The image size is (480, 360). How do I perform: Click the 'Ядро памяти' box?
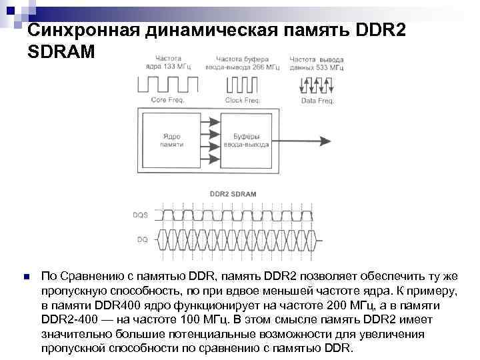click(x=171, y=141)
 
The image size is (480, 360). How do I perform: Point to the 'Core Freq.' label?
click(x=167, y=100)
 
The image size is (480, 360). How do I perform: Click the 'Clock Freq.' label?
click(x=243, y=100)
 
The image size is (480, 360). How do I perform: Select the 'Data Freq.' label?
click(x=317, y=101)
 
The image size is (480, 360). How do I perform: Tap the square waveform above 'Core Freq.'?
click(x=168, y=84)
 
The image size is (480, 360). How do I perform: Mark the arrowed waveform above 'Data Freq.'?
click(x=317, y=85)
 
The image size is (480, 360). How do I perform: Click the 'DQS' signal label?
click(x=141, y=215)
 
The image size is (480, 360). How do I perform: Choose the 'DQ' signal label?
click(x=143, y=237)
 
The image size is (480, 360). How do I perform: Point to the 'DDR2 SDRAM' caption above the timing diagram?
click(x=233, y=193)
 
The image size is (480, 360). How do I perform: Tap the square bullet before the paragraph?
click(x=25, y=276)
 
